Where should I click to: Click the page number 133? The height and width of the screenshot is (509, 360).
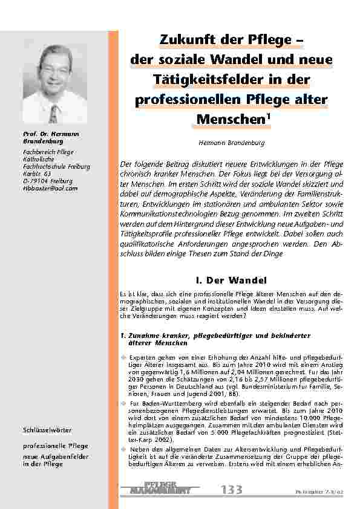tap(231, 489)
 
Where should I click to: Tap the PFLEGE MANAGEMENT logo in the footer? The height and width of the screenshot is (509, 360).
tap(163, 488)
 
